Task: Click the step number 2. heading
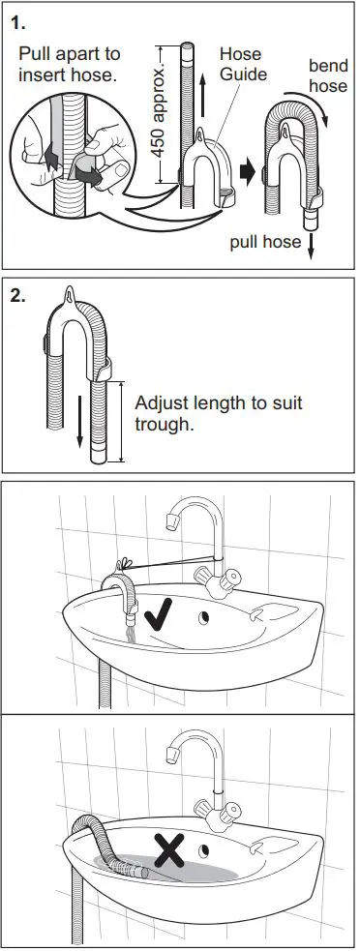point(18,297)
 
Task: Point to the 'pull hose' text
point(264,242)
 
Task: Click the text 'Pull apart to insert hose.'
point(69,65)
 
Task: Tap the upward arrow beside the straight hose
point(202,98)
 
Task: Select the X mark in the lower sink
point(170,851)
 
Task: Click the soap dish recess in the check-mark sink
point(270,609)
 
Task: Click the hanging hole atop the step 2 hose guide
point(74,293)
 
